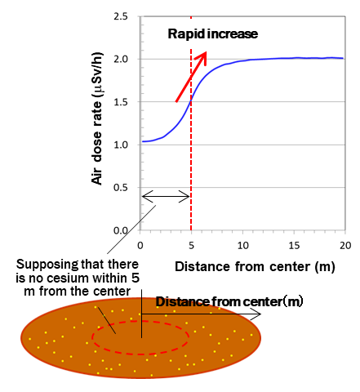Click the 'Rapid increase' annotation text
pos(212,34)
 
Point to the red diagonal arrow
pos(191,77)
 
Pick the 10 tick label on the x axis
pos(242,245)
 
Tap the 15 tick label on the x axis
pos(294,245)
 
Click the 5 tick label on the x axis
pos(192,245)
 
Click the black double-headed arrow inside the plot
pos(166,196)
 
